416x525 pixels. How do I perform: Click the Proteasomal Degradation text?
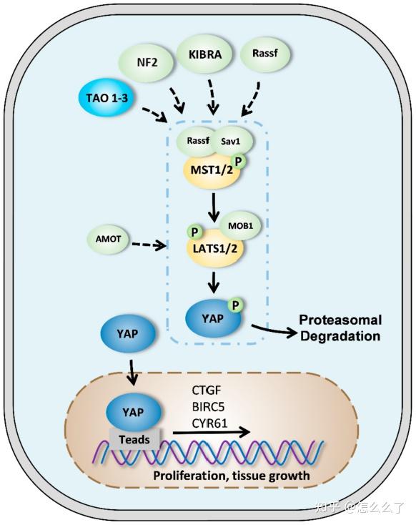[340, 328]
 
